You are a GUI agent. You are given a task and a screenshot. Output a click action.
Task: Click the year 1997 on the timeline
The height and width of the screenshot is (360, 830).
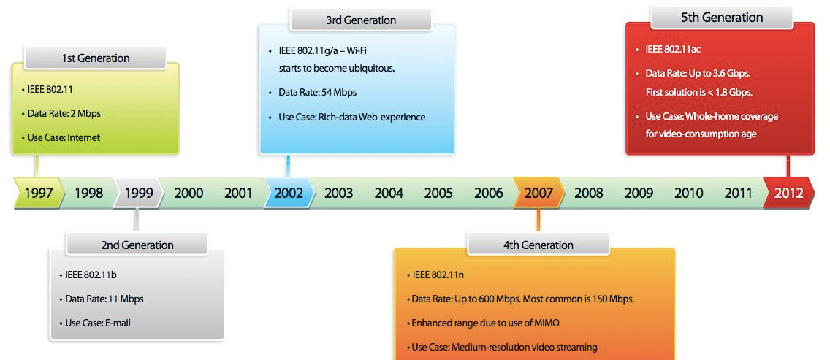click(x=39, y=193)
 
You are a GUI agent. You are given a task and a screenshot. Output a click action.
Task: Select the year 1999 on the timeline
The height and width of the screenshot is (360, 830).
click(x=139, y=193)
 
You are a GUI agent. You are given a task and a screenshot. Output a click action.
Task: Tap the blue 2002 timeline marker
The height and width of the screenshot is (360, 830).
click(x=289, y=193)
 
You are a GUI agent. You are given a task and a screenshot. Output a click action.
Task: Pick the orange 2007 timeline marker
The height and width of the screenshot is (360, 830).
click(x=538, y=193)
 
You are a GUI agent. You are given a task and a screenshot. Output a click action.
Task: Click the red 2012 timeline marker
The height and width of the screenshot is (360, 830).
click(x=788, y=193)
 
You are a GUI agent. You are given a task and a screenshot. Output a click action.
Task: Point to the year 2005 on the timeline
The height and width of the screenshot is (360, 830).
click(x=438, y=193)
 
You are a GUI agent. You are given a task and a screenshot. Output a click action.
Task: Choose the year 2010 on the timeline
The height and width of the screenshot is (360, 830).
click(x=689, y=193)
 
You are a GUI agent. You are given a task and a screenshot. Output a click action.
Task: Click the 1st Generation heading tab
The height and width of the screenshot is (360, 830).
click(x=95, y=58)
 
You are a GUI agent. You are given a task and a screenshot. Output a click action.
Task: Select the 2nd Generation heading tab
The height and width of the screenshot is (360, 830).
click(x=137, y=245)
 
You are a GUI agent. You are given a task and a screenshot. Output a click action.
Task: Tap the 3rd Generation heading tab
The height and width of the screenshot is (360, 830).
click(x=361, y=20)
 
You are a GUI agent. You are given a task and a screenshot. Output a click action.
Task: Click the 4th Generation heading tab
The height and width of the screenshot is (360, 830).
click(x=538, y=245)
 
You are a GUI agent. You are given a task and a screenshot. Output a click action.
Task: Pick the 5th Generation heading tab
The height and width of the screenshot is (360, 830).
click(x=722, y=18)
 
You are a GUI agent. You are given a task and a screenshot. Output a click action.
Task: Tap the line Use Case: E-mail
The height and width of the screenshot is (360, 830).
click(x=95, y=323)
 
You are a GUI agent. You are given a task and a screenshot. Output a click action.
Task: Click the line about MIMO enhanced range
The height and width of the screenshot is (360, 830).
click(x=483, y=323)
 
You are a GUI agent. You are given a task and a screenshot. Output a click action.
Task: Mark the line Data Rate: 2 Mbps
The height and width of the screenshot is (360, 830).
click(x=61, y=113)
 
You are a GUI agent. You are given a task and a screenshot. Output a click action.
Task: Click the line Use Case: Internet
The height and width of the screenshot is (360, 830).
click(x=61, y=137)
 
